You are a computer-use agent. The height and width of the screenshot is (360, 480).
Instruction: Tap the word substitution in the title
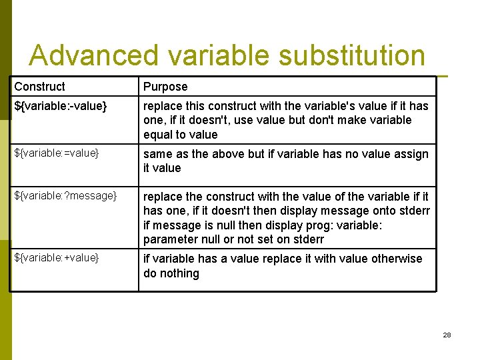pos(351,56)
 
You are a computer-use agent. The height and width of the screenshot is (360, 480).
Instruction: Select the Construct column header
pos(40,87)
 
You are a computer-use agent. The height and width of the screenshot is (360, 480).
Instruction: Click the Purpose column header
pos(165,87)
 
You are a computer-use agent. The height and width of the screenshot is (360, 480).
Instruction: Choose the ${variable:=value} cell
pos(57,154)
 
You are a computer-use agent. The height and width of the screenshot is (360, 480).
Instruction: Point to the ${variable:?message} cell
pos(65,196)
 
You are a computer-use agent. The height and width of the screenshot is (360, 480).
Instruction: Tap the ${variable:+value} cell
pos(57,258)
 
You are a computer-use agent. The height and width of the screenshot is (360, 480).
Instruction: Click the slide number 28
pos(447,335)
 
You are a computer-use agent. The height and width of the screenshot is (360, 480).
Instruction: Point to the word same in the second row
pos(157,154)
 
